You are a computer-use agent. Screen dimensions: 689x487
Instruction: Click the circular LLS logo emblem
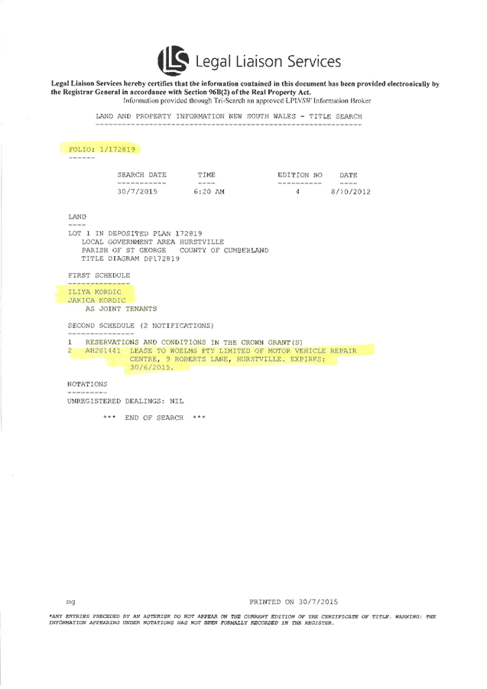pyautogui.click(x=173, y=60)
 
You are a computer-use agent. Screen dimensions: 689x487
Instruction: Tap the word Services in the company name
pyautogui.click(x=316, y=62)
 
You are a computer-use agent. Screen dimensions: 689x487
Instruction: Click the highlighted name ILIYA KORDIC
pyautogui.click(x=95, y=292)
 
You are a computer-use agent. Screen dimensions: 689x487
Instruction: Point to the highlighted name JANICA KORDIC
pyautogui.click(x=97, y=301)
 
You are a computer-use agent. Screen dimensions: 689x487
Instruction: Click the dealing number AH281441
pyautogui.click(x=102, y=350)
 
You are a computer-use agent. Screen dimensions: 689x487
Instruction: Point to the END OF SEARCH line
pyautogui.click(x=155, y=418)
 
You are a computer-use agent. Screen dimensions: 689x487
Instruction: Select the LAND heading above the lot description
pyautogui.click(x=77, y=217)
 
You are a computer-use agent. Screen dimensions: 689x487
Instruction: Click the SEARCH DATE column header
pyautogui.click(x=141, y=175)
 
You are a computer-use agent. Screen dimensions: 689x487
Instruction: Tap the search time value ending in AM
pyautogui.click(x=210, y=192)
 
